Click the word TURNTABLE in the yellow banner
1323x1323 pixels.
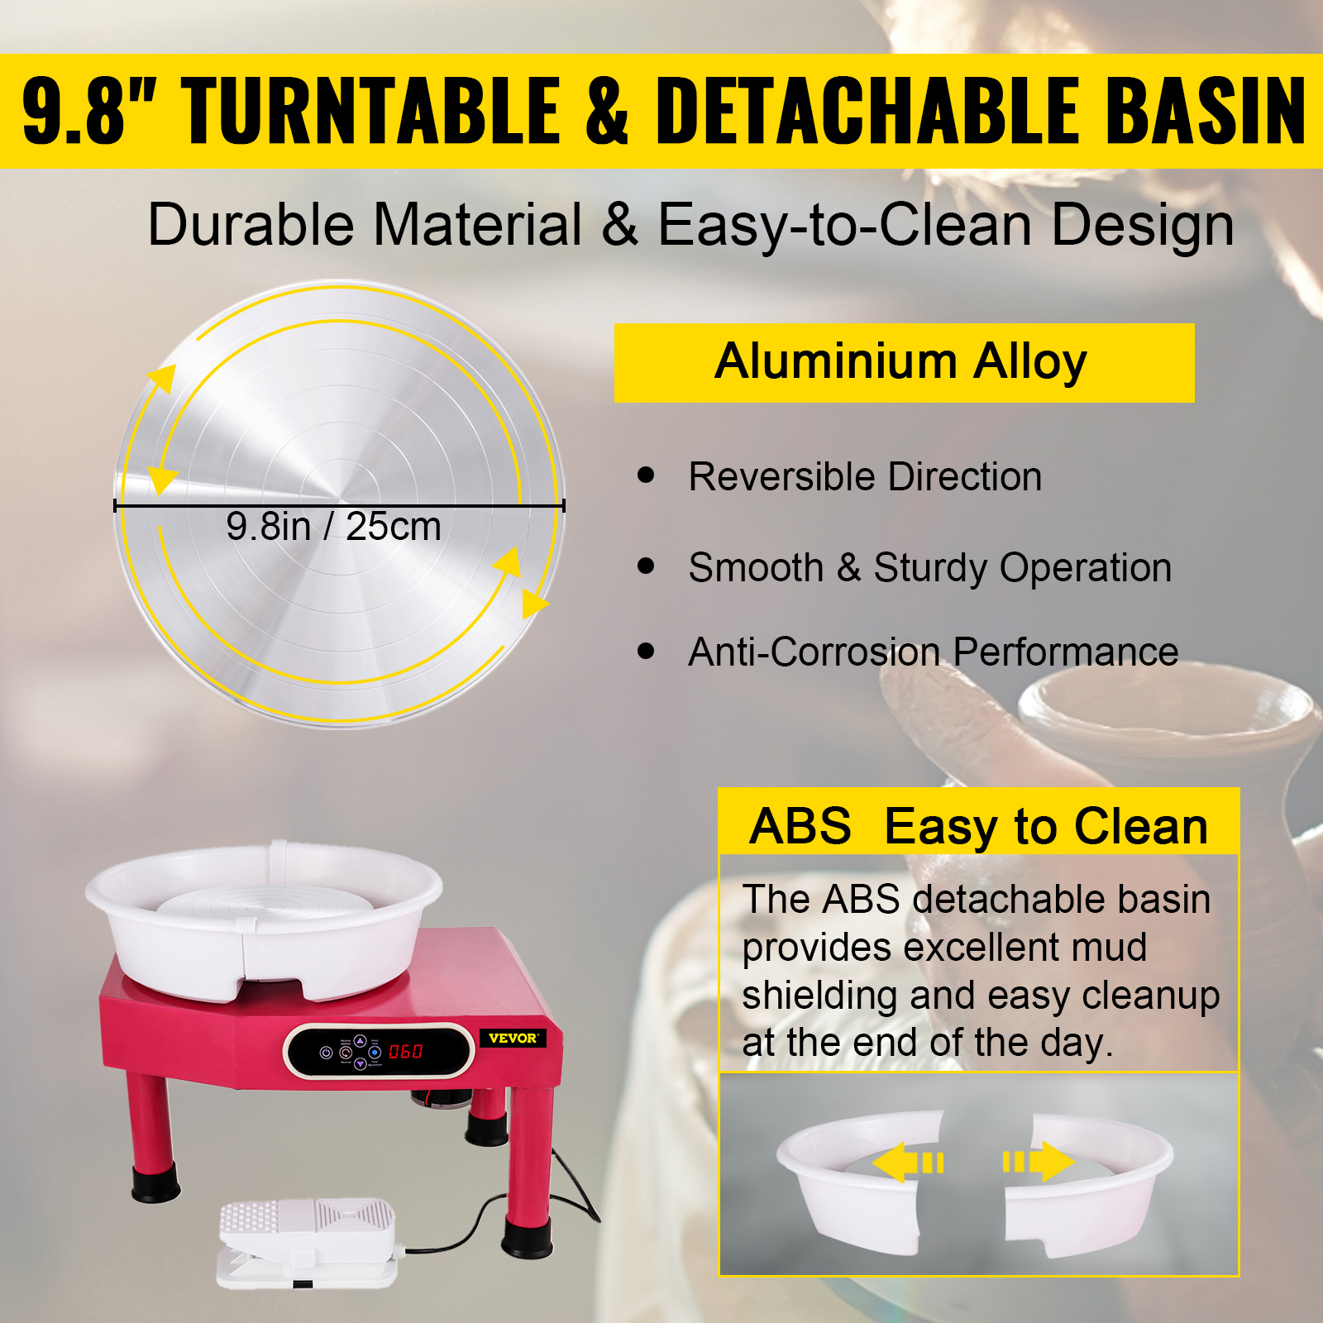(x=371, y=110)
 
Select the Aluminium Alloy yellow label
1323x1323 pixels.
(x=904, y=363)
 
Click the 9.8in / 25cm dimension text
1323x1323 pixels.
(x=333, y=527)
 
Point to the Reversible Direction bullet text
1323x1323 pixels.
(x=865, y=477)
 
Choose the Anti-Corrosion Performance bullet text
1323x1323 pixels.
(x=934, y=652)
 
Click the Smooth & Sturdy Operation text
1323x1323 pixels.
(x=930, y=568)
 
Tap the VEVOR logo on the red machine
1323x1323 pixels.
(x=513, y=1038)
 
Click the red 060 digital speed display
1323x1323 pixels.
(x=405, y=1052)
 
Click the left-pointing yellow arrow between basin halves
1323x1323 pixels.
(x=908, y=1163)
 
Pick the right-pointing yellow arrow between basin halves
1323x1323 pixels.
(x=1039, y=1162)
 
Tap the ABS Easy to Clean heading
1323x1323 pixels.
(x=979, y=826)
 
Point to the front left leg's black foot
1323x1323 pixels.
(x=155, y=1182)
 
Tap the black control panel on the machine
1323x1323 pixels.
(x=380, y=1051)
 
